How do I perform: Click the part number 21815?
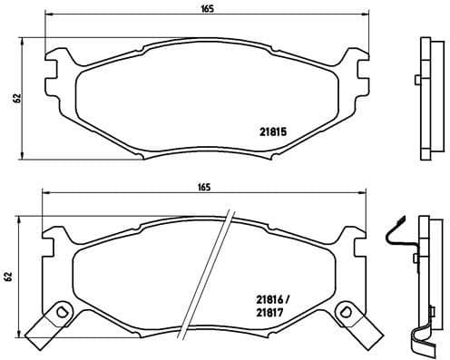click(x=273, y=131)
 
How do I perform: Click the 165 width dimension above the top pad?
click(x=208, y=7)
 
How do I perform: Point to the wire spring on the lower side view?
click(x=396, y=238)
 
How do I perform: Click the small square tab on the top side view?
click(x=416, y=79)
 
